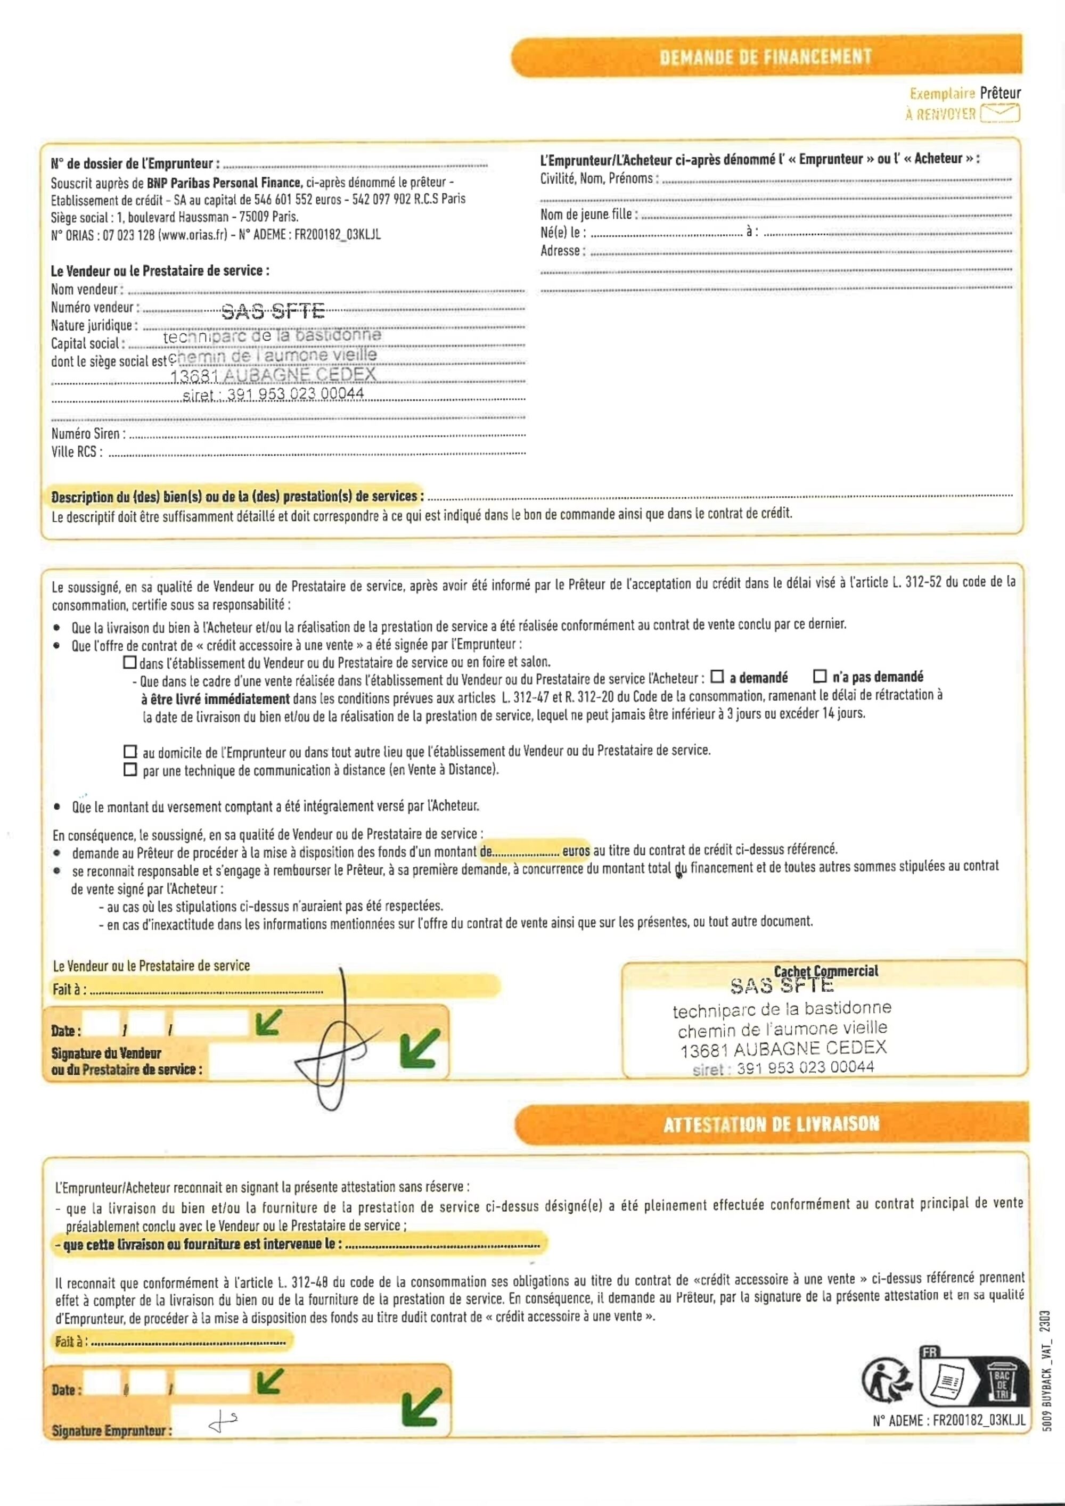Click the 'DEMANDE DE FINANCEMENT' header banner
(766, 57)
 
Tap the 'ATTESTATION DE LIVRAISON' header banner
(771, 1124)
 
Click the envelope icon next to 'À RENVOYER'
(1000, 113)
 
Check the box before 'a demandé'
(717, 676)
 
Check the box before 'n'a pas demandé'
(820, 676)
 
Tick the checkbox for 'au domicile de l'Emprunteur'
(130, 751)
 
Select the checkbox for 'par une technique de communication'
(130, 769)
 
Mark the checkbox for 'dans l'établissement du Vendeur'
(130, 662)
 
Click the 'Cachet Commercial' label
(825, 972)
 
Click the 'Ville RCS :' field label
(77, 452)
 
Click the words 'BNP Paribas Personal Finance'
(224, 183)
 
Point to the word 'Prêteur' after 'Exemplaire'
(1000, 93)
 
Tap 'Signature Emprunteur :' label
(111, 1430)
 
